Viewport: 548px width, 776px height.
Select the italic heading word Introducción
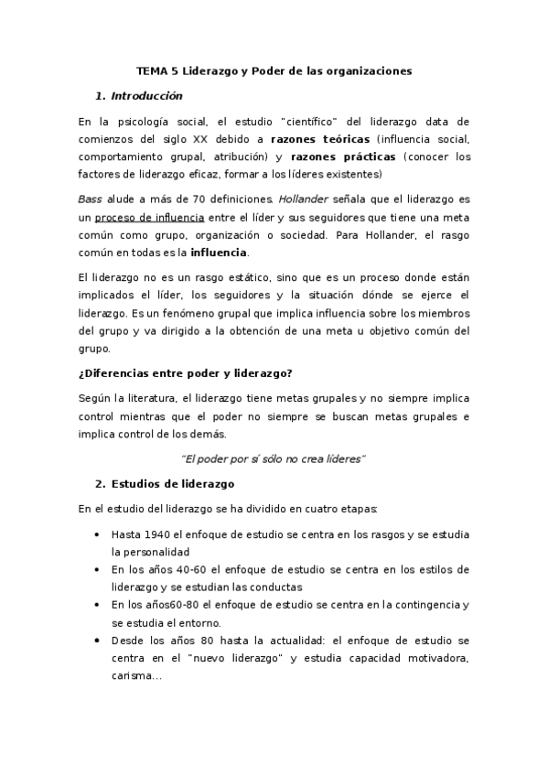(145, 96)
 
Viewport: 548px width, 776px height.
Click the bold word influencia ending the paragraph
(218, 253)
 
